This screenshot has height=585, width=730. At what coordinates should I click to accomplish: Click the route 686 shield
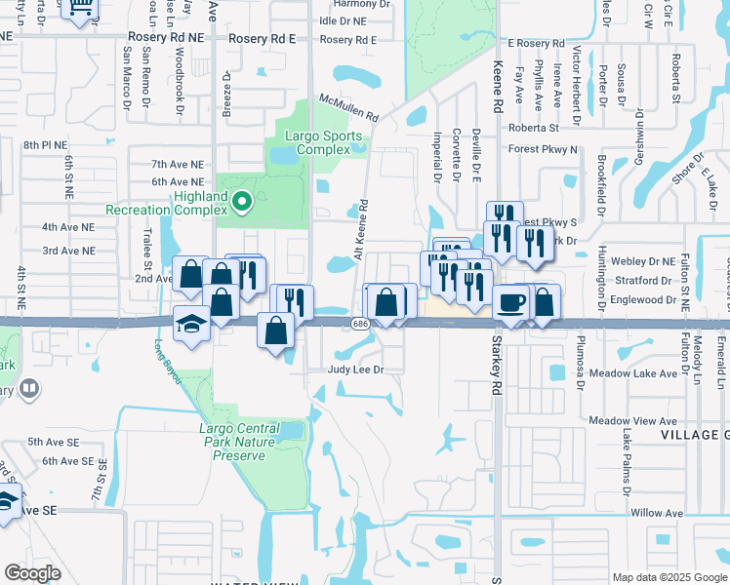(360, 324)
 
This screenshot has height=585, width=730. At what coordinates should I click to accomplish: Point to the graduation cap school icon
(191, 323)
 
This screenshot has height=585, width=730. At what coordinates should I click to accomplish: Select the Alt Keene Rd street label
(362, 229)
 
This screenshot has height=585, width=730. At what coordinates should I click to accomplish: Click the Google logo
(32, 572)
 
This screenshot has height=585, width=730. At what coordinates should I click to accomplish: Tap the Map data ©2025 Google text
(669, 577)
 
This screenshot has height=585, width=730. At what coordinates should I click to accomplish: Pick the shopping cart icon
(81, 8)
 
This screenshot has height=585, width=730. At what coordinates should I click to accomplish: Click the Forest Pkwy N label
(543, 149)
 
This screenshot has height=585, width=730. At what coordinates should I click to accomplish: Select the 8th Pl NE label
(43, 144)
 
